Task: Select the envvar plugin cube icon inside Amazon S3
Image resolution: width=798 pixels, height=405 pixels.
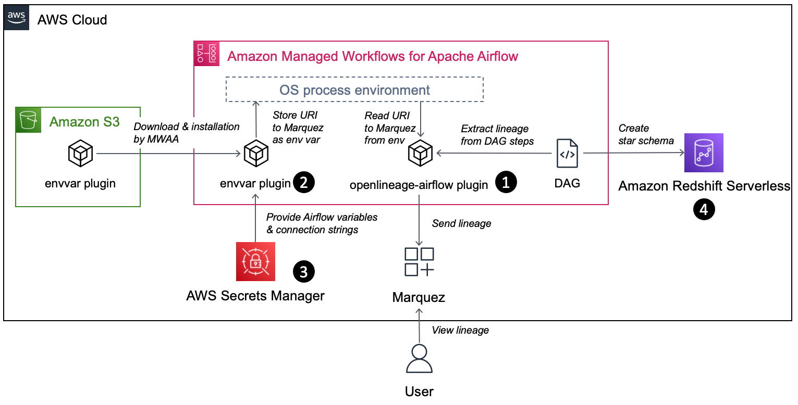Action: click(81, 154)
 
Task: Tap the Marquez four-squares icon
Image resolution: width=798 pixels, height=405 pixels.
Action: click(419, 262)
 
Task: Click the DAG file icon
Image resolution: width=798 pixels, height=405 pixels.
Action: click(567, 154)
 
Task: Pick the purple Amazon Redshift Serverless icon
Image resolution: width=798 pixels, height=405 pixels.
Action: click(703, 153)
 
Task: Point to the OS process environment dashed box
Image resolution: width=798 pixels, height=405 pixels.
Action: click(354, 90)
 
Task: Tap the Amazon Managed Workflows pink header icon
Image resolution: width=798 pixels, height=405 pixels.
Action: click(206, 54)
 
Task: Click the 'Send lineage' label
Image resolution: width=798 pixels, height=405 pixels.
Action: click(461, 223)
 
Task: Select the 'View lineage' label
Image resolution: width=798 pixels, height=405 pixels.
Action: click(460, 330)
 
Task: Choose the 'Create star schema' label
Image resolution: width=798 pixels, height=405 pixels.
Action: click(646, 134)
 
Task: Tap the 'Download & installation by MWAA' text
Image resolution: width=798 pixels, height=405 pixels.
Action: click(186, 133)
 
